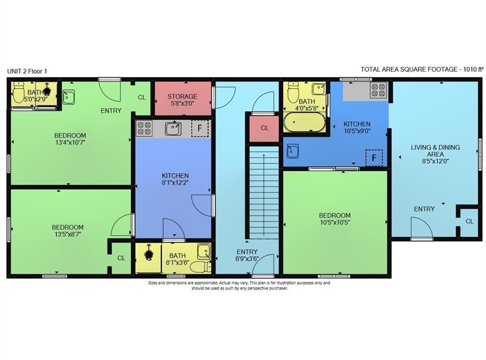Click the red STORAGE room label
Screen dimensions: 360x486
pos(182,96)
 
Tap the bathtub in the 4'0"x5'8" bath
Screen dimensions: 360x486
pos(305,123)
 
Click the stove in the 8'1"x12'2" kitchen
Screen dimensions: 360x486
pos(144,128)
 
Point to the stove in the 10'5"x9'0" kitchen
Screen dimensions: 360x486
pos(378,90)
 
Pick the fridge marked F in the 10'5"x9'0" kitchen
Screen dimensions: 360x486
pos(374,158)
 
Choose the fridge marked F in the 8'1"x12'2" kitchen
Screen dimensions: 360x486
pos(200,129)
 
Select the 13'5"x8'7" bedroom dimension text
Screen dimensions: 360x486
pos(67,234)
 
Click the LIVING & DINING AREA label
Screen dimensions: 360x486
pos(435,151)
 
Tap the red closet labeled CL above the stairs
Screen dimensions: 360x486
pos(264,128)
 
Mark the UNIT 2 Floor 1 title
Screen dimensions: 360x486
pos(27,71)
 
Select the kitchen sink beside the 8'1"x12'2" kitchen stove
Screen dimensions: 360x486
pos(173,128)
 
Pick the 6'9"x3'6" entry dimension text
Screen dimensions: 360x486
pos(247,259)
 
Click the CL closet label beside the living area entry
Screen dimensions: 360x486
pos(469,221)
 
